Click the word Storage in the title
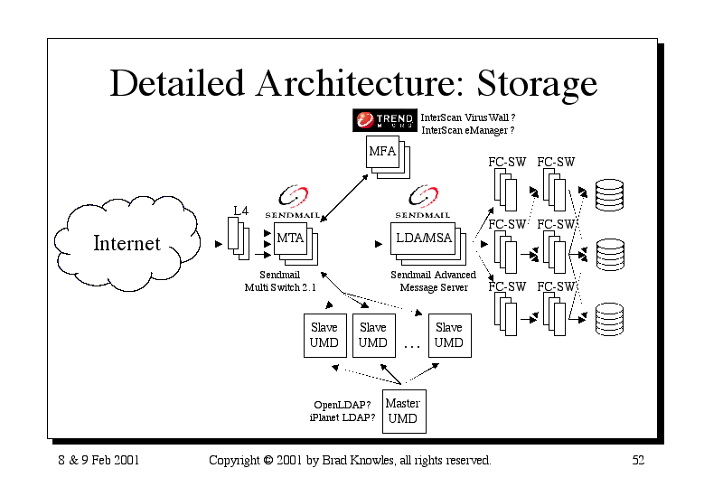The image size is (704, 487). coord(537,84)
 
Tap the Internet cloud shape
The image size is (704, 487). coord(127,243)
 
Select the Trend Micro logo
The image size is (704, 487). coord(385,120)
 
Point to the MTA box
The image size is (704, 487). coord(290,239)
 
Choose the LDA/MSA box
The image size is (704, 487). coord(423,239)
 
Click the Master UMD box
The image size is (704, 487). coord(404,411)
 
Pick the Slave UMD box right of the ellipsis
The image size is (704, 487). coord(450,335)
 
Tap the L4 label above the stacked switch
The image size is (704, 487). coord(240,211)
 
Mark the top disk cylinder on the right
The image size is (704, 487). coord(609,195)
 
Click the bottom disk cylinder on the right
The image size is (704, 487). coord(609,319)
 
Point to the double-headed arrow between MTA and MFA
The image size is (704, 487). coord(344,198)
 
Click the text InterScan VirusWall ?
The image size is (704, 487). coord(468,117)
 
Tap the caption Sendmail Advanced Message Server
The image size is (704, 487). coord(433,281)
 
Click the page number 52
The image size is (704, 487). coord(638,460)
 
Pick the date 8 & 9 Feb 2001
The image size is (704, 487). coord(99,460)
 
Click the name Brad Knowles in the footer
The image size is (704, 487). coord(358,461)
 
